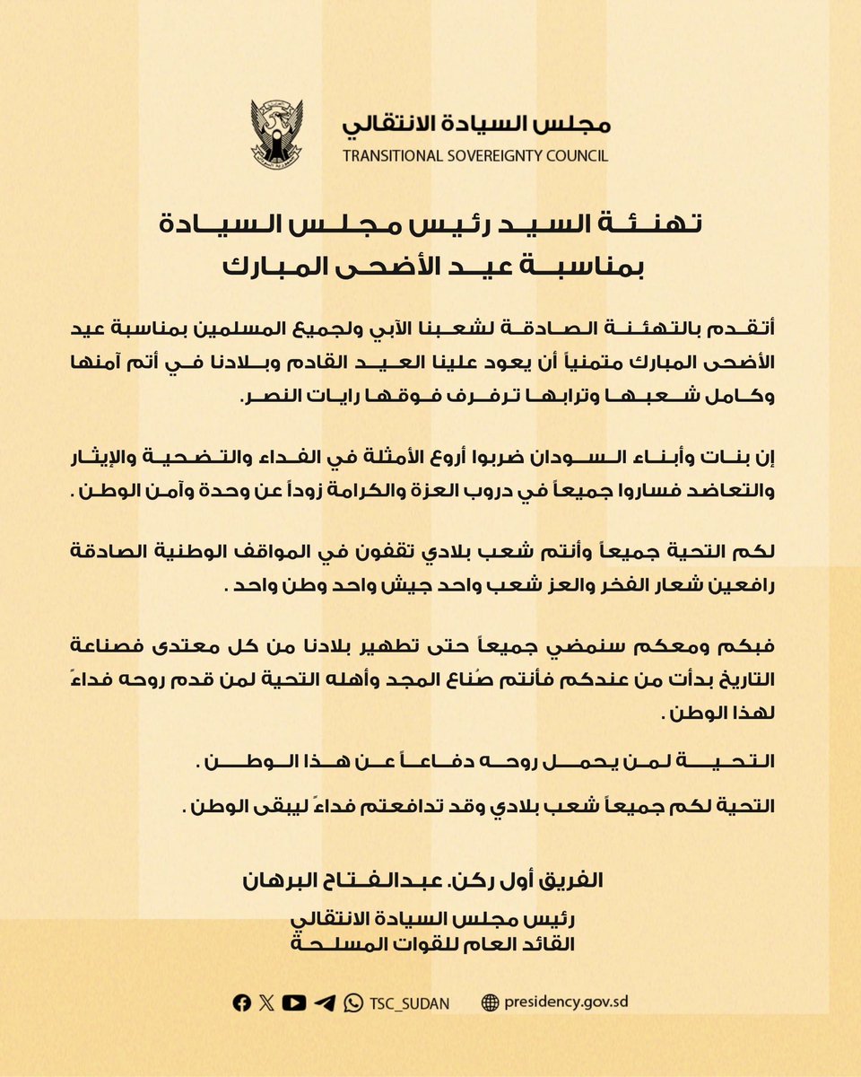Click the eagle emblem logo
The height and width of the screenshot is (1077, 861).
click(277, 135)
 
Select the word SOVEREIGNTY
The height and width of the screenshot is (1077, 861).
click(501, 156)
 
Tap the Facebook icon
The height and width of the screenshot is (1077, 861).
click(241, 1003)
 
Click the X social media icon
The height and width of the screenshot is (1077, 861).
click(266, 1003)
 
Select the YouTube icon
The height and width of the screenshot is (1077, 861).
click(293, 1003)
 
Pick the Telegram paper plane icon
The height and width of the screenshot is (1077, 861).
click(325, 1003)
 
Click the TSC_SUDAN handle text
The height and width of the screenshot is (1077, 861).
click(409, 1003)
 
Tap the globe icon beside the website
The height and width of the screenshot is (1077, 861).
click(490, 1003)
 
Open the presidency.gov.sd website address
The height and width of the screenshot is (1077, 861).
click(565, 1003)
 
